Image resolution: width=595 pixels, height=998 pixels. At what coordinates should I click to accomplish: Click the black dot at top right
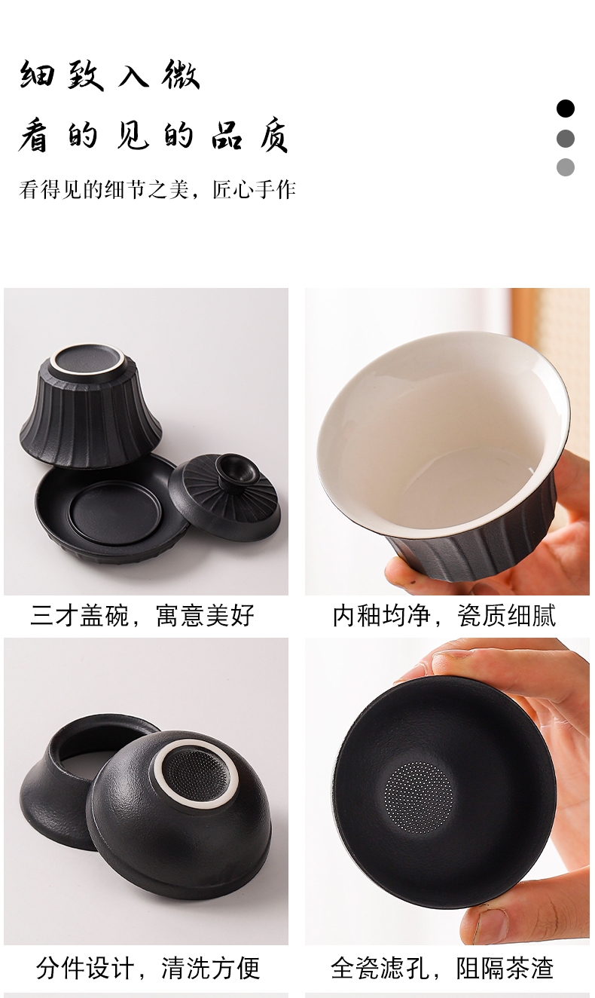pos(565,109)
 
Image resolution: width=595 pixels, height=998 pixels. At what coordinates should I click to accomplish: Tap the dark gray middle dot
pos(565,139)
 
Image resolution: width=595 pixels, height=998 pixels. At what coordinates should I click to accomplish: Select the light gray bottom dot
pos(565,167)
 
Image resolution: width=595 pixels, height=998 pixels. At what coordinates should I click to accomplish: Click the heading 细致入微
pos(109,75)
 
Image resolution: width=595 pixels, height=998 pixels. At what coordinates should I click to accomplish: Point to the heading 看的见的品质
pos(154,136)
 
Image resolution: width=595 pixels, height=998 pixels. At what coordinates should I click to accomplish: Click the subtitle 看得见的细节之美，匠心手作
pos(157,189)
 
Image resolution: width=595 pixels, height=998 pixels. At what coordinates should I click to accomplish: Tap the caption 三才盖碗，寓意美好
pos(142,615)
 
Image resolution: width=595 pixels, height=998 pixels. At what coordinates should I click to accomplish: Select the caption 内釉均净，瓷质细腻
pos(444,615)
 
